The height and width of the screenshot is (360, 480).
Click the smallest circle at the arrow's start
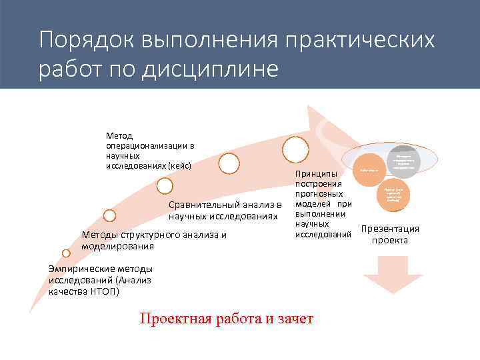65,253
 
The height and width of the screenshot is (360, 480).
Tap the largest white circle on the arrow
295,148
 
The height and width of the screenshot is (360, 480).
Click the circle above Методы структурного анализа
110,215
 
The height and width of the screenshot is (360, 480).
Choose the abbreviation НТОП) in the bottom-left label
104,290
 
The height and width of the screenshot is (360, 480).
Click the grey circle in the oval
404,161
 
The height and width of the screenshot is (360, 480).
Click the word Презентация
390,229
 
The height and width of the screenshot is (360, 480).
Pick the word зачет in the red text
295,319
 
